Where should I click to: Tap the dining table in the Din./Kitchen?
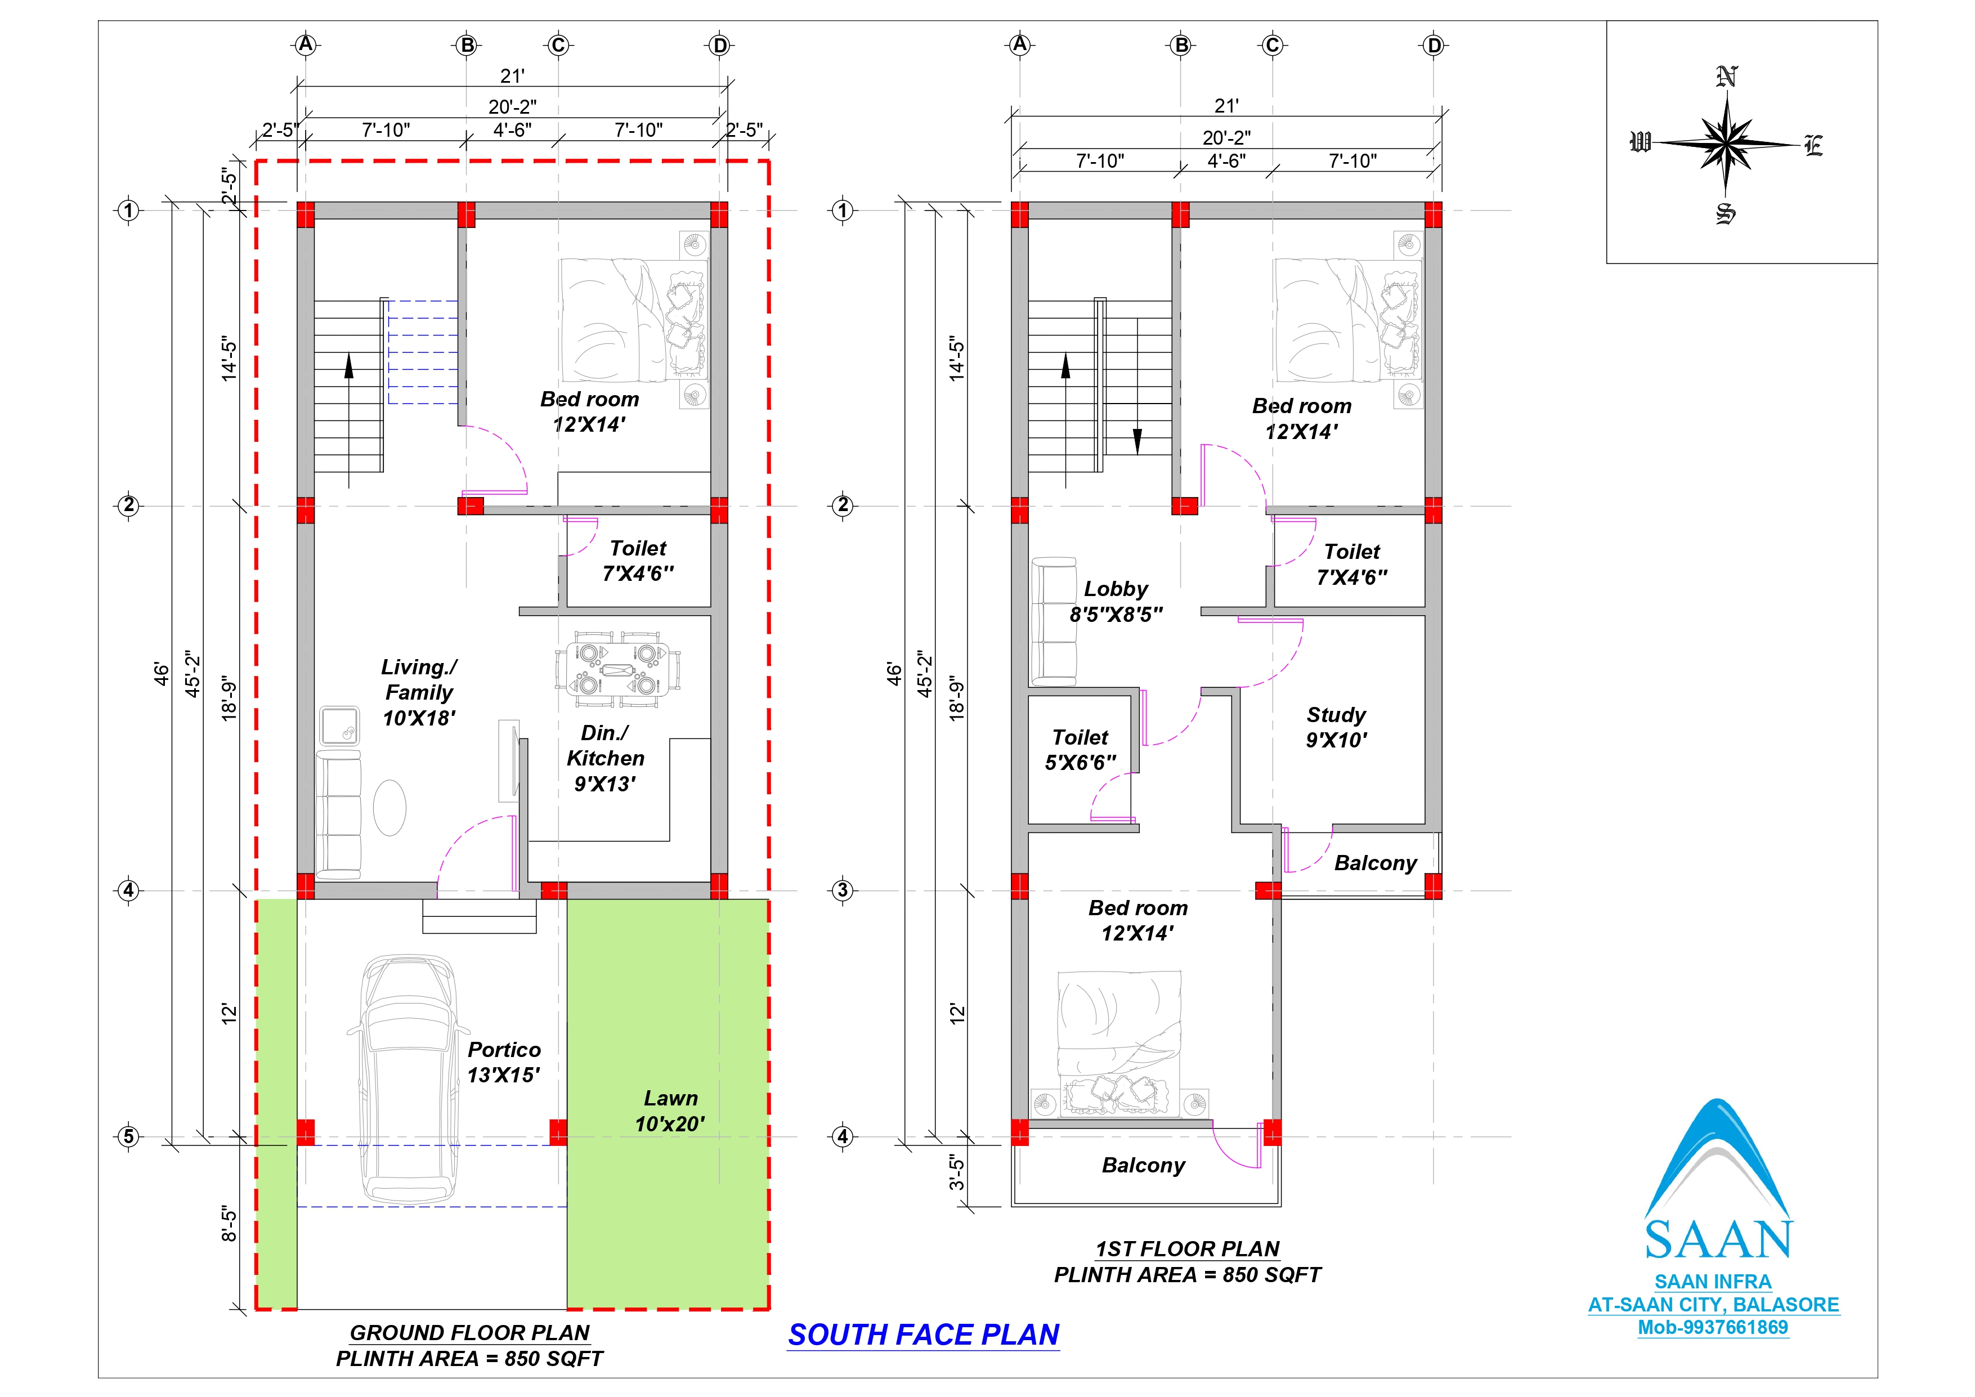tap(617, 670)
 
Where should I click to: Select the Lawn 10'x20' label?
tap(670, 1111)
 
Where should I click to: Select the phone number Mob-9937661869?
tap(1713, 1327)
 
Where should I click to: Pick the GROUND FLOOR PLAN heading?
tap(469, 1332)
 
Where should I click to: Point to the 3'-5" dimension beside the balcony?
tap(956, 1172)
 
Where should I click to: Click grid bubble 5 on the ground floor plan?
tap(128, 1136)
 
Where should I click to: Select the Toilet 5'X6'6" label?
tap(1081, 749)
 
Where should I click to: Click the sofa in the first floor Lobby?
tap(1054, 621)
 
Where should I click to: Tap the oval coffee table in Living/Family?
tap(389, 808)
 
